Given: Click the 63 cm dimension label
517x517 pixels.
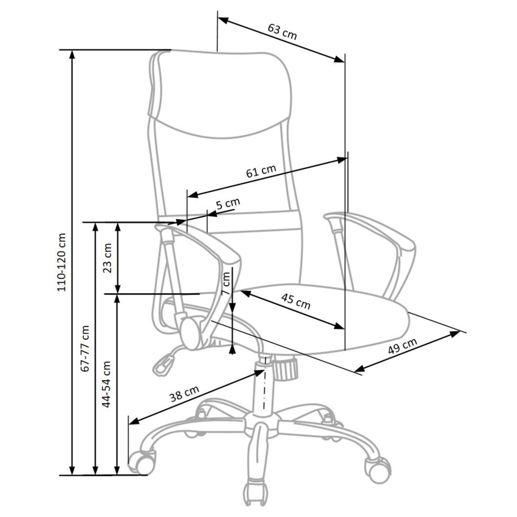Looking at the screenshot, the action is (x=282, y=32).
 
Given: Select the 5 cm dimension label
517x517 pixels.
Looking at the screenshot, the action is (x=228, y=204).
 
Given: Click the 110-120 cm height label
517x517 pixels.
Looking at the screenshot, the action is (x=61, y=262).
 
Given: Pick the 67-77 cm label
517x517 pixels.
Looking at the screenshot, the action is (x=85, y=348).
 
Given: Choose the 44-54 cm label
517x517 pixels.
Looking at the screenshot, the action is (x=107, y=384).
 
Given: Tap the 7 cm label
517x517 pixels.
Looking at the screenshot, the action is (x=226, y=283).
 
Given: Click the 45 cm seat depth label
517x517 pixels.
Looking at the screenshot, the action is (x=296, y=301).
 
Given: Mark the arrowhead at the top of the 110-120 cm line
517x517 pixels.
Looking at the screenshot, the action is (x=72, y=55).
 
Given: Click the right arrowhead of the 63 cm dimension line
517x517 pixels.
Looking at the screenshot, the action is (x=339, y=59).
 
